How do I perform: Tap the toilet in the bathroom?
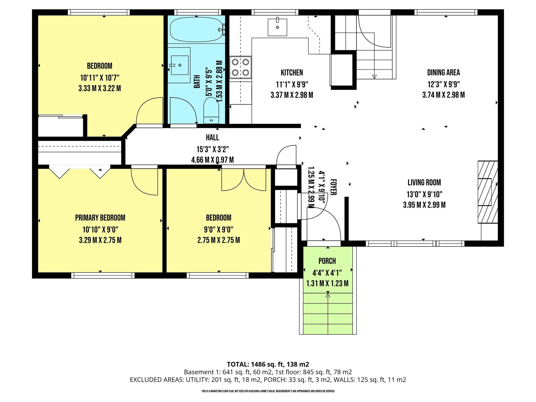pos(211,112)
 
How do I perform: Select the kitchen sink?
pos(277,27)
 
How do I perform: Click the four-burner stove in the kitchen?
pos(241,67)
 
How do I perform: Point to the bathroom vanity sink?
pos(180,65)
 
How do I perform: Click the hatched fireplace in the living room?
pos(488,192)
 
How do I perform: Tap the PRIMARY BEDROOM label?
pos(100,218)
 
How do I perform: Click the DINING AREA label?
pos(443,72)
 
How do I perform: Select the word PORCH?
pos(327,261)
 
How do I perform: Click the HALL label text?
pos(213,137)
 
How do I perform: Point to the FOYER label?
pos(333,187)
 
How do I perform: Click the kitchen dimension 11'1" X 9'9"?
pos(292,85)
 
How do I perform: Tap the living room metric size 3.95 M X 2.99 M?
pos(424,205)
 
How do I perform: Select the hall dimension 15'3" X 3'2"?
pos(213,149)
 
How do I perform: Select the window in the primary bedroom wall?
pos(103,275)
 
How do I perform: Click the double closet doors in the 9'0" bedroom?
pos(244,180)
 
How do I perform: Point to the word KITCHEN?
pos(292,72)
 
